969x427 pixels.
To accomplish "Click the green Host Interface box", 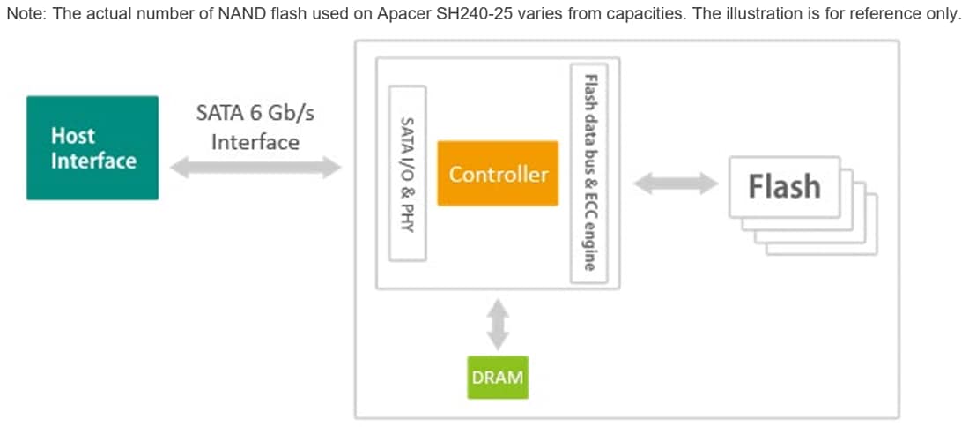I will tap(92, 148).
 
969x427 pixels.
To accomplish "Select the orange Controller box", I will tap(498, 173).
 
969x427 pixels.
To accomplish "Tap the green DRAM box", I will tap(498, 378).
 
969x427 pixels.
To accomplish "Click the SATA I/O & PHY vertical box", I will tap(407, 173).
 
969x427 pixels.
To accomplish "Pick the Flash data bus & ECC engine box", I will tap(589, 173).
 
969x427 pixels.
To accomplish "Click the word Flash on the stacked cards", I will tap(783, 186).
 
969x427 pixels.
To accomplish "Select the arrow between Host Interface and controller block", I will tap(255, 168).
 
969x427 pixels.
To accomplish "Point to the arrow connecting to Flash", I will tap(676, 184).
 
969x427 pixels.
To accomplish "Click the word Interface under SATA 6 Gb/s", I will tap(255, 142).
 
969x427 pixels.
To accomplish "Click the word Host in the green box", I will tap(72, 136).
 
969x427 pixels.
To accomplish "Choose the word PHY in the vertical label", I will tap(407, 218).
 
